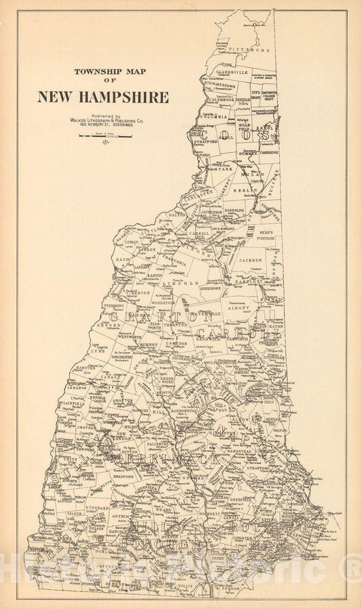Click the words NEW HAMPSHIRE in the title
click(x=103, y=97)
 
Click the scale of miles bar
click(x=105, y=136)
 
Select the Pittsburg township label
click(x=251, y=50)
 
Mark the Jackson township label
click(x=251, y=259)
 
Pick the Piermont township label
click(x=115, y=306)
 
